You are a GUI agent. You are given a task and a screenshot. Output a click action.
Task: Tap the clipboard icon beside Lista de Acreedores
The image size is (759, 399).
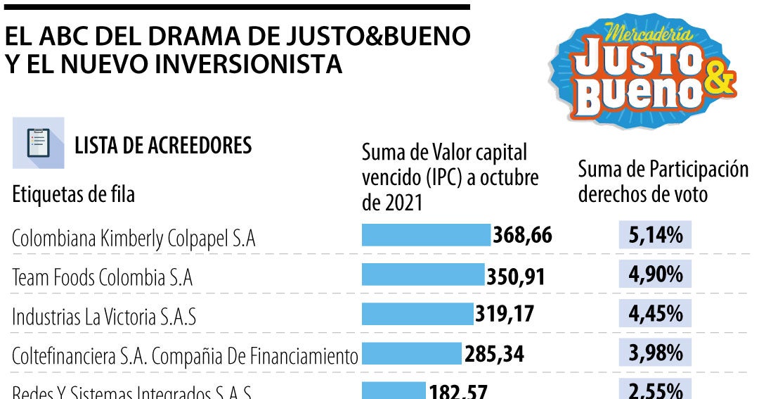coord(38,143)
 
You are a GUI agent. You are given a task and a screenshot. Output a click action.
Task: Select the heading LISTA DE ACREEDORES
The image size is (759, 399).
coord(163,146)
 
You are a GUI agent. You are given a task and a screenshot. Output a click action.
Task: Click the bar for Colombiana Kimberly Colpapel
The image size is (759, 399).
coord(426,235)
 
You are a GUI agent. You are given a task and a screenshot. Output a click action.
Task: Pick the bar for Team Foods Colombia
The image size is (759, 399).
coord(423,274)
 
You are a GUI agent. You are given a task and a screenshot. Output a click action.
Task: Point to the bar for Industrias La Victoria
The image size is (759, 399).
coord(417,314)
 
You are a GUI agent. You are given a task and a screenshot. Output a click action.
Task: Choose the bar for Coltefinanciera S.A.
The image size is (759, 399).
coord(411,353)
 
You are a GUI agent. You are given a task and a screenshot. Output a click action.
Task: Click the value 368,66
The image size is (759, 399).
coord(522,235)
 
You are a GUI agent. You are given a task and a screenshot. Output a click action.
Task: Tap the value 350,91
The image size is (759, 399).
coord(516,275)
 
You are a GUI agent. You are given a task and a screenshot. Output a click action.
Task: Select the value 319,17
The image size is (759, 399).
coord(504,314)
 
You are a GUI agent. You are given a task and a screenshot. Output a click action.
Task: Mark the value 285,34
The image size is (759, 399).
coord(493,353)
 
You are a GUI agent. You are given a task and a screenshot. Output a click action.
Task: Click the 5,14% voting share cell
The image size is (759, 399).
coord(656,235)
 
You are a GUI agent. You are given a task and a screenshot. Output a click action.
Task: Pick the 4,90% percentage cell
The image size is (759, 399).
coord(656,274)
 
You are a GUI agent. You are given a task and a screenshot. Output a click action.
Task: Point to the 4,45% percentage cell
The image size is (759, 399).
coord(656,314)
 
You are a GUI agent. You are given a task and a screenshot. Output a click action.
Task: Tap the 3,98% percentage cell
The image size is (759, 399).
coord(656,353)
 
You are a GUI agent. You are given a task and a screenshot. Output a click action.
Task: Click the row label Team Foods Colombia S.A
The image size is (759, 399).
coord(102,278)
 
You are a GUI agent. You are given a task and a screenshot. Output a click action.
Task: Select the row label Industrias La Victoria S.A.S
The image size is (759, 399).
coord(103,317)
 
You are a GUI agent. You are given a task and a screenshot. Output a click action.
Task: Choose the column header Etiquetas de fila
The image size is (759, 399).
coord(73,195)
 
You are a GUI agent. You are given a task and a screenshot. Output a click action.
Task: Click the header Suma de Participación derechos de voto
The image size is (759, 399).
coord(663,182)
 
